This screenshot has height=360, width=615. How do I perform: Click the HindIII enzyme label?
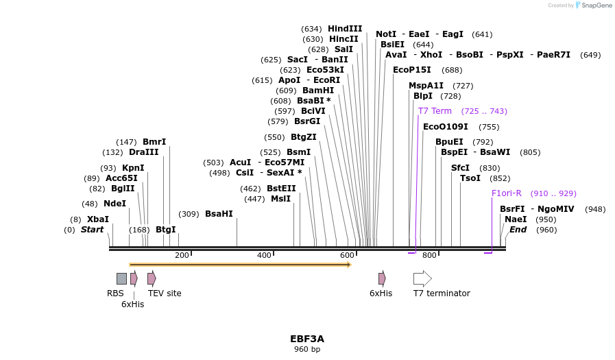(x=345, y=29)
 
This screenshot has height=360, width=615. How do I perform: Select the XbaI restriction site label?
(x=98, y=219)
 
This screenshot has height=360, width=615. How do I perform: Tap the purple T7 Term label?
(x=435, y=111)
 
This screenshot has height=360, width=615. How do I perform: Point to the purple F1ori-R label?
(x=507, y=193)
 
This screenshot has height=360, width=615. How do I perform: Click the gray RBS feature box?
(x=121, y=278)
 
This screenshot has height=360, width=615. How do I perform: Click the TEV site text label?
(x=165, y=293)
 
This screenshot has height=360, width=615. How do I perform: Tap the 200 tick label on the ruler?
(x=182, y=256)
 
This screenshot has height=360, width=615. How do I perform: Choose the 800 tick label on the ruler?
(x=429, y=256)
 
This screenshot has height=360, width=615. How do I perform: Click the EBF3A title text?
(x=307, y=339)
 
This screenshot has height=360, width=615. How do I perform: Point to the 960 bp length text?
(x=307, y=350)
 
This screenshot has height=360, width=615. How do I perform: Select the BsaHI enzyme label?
(x=219, y=214)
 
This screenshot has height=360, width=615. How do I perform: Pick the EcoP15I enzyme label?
(x=412, y=70)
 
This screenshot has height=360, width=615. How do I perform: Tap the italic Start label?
(x=93, y=230)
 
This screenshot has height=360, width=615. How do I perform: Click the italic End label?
(x=518, y=230)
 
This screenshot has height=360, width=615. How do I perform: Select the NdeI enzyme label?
(x=115, y=204)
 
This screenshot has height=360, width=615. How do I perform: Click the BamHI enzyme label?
(x=318, y=91)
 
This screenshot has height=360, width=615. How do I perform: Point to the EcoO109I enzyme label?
(x=446, y=127)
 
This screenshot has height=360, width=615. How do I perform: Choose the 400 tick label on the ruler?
(x=264, y=256)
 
